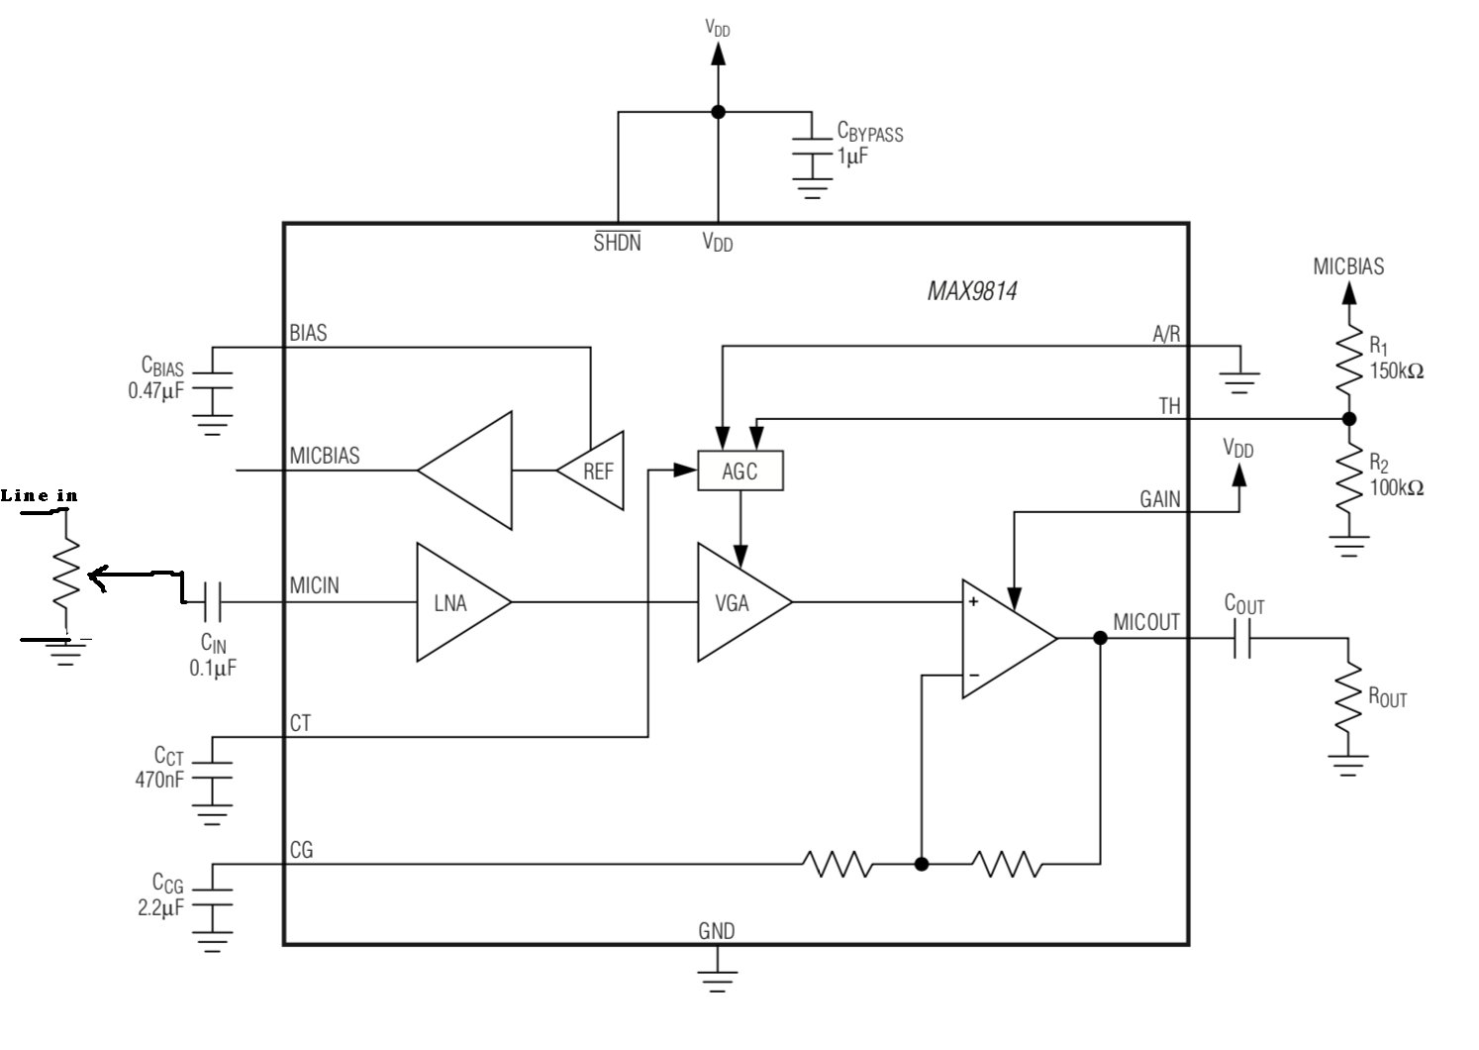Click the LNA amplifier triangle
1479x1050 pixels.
pyautogui.click(x=455, y=602)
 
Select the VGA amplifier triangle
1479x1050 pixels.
pyautogui.click(x=737, y=602)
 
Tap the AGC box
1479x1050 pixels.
pyautogui.click(x=739, y=472)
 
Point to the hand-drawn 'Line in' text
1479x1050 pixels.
pyautogui.click(x=40, y=495)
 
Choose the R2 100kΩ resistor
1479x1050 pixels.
pyautogui.click(x=1347, y=477)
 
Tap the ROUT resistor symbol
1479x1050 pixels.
pyautogui.click(x=1347, y=698)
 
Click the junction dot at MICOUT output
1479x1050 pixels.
pyautogui.click(x=1100, y=638)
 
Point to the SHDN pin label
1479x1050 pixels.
pyautogui.click(x=617, y=242)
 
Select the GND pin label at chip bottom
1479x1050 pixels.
pyautogui.click(x=717, y=931)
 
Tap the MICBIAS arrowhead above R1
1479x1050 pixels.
pyautogui.click(x=1347, y=293)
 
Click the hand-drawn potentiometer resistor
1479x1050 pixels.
pyautogui.click(x=66, y=575)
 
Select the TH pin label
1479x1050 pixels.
pyautogui.click(x=1169, y=406)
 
